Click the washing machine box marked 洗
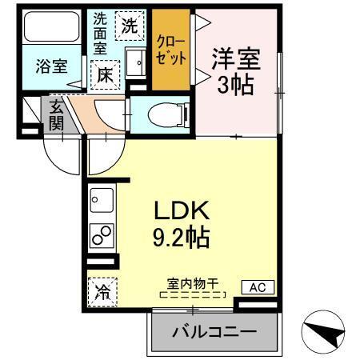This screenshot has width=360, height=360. tap(129, 25)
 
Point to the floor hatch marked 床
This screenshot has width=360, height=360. tap(105, 74)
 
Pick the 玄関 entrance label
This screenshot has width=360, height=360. tap(57, 114)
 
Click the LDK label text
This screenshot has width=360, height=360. tap(182, 211)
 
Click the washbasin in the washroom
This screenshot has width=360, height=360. tap(135, 59)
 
